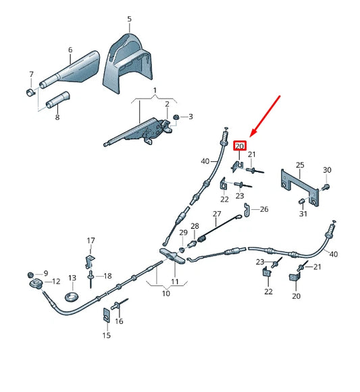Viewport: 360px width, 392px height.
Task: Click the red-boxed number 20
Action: tap(240, 146)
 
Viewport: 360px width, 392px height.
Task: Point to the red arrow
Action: tap(265, 116)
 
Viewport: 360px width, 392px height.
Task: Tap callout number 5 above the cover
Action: tap(129, 19)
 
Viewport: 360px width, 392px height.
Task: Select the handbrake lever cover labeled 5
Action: tap(127, 63)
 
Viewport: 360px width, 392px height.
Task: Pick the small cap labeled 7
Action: tap(30, 92)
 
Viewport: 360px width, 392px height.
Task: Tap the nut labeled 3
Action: tap(176, 117)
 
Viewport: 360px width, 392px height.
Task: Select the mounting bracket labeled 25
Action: tap(300, 187)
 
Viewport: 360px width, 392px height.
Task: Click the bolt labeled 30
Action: tap(326, 186)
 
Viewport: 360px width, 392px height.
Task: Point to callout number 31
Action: tap(303, 214)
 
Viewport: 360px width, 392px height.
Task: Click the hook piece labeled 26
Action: tap(247, 210)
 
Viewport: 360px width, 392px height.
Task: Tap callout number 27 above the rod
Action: tap(217, 214)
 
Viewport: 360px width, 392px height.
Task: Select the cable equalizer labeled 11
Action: tap(173, 256)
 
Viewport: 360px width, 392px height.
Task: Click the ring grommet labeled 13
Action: tap(72, 296)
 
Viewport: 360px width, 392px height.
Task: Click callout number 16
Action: tap(119, 321)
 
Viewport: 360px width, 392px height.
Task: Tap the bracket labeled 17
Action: tap(90, 262)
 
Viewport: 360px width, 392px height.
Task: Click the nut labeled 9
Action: tap(30, 275)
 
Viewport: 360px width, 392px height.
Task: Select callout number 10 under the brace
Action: tap(166, 293)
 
